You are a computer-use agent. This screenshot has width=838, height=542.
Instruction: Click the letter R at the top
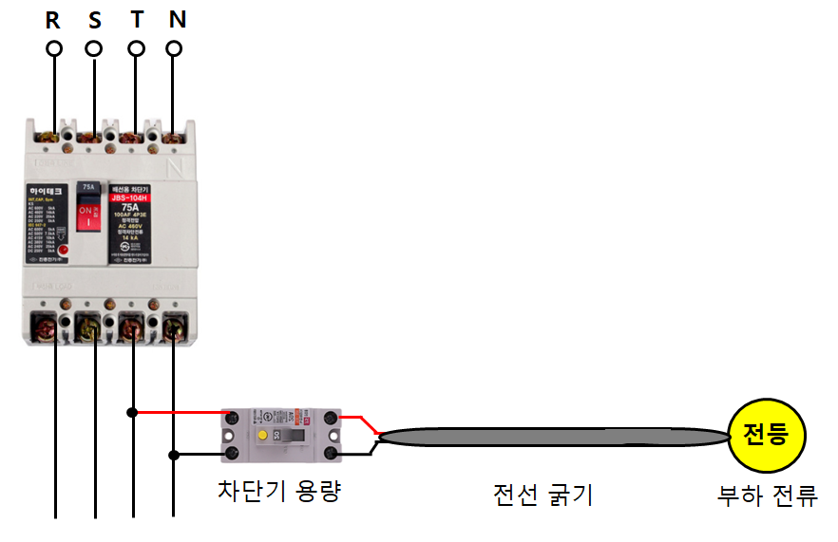(53, 18)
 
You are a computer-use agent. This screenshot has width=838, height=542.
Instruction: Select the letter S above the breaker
(94, 18)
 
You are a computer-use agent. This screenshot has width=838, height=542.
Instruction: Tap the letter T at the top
(136, 18)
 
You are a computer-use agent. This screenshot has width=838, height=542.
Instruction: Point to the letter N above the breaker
(176, 18)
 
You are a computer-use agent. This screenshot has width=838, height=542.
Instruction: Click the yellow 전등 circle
(765, 436)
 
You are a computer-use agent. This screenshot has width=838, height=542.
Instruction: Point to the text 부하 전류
(767, 496)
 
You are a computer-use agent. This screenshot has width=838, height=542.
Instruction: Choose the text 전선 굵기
(543, 495)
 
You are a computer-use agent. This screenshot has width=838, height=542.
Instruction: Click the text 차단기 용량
(278, 492)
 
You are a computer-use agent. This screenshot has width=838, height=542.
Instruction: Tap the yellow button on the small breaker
(258, 434)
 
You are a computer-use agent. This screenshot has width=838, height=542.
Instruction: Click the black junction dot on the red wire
(133, 413)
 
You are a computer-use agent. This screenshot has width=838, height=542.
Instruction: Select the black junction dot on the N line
(174, 455)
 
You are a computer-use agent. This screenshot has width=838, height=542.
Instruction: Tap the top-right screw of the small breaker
(332, 419)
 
